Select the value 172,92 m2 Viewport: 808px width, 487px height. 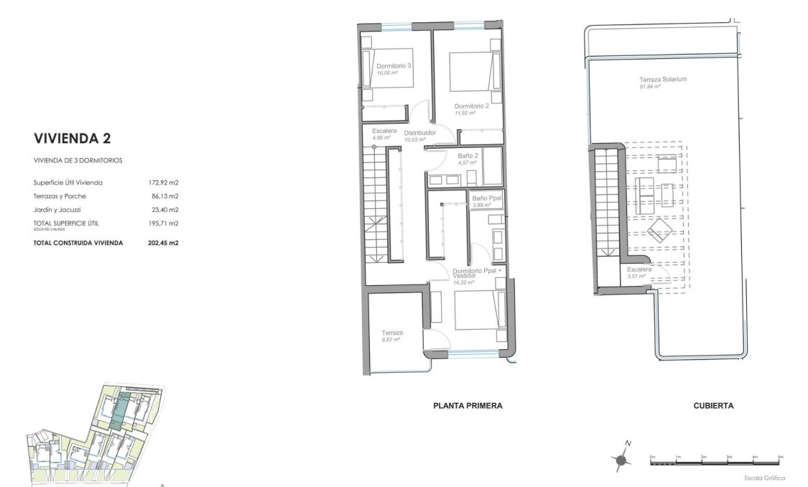[x=163, y=182]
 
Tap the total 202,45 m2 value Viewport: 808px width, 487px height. [x=163, y=243]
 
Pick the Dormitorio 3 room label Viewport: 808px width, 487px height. [x=394, y=66]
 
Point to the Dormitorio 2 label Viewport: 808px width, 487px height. [x=471, y=106]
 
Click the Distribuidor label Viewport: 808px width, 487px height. [x=420, y=134]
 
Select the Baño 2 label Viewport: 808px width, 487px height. [x=468, y=156]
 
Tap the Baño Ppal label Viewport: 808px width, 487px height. [x=486, y=198]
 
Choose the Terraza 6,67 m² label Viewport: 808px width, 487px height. [x=392, y=333]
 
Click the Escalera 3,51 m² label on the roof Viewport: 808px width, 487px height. [x=638, y=270]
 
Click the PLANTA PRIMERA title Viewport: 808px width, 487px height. [x=467, y=406]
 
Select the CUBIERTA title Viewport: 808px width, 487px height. [x=713, y=406]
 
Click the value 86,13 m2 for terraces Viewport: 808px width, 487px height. [x=163, y=196]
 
